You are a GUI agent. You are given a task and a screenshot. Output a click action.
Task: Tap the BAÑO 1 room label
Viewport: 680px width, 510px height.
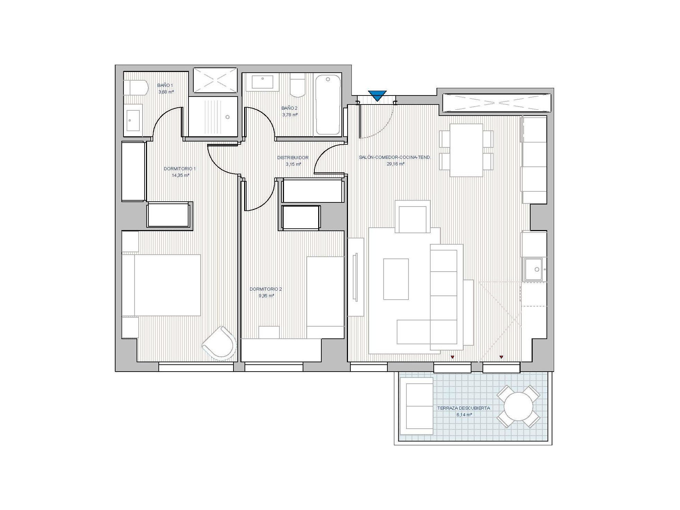[165, 85]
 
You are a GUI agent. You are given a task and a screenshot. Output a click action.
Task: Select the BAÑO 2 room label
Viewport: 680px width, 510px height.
[290, 108]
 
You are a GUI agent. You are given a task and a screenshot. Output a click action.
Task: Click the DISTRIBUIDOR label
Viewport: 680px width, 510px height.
[293, 158]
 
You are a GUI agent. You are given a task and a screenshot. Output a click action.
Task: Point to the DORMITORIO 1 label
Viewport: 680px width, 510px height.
[180, 169]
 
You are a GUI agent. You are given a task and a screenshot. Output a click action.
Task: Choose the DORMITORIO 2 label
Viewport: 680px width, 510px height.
[266, 289]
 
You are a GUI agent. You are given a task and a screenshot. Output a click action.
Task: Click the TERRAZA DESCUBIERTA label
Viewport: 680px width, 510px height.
[463, 408]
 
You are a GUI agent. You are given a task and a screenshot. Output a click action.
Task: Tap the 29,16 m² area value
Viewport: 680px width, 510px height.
[396, 164]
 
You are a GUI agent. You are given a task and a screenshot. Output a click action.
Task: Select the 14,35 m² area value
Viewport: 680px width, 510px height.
[181, 175]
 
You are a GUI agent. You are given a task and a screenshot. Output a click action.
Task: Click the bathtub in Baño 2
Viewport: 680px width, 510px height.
[328, 104]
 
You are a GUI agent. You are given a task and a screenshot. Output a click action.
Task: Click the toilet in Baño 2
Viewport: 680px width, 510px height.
[297, 86]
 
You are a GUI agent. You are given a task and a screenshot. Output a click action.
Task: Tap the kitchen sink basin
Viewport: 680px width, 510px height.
[534, 269]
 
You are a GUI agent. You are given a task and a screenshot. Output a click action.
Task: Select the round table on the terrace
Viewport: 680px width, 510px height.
[518, 407]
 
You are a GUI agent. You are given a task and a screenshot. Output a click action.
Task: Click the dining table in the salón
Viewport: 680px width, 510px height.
[466, 151]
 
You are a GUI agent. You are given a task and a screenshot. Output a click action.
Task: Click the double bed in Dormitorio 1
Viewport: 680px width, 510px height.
[161, 285]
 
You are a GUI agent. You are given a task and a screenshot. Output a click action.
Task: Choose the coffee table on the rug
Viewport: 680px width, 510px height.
[396, 279]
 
